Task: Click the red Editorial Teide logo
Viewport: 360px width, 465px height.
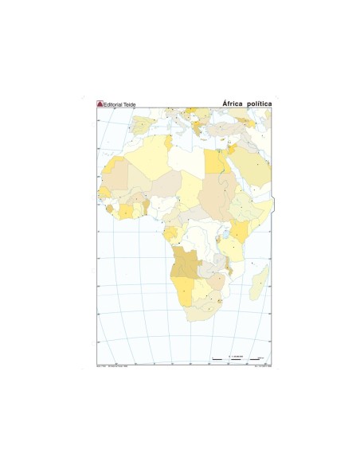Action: pyautogui.click(x=100, y=104)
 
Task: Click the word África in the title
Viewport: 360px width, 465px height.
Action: pyautogui.click(x=233, y=104)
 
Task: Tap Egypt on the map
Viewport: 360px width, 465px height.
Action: pyautogui.click(x=214, y=162)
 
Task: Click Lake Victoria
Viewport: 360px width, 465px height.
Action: pyautogui.click(x=226, y=234)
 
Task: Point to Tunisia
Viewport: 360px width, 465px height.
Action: pyautogui.click(x=169, y=140)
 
